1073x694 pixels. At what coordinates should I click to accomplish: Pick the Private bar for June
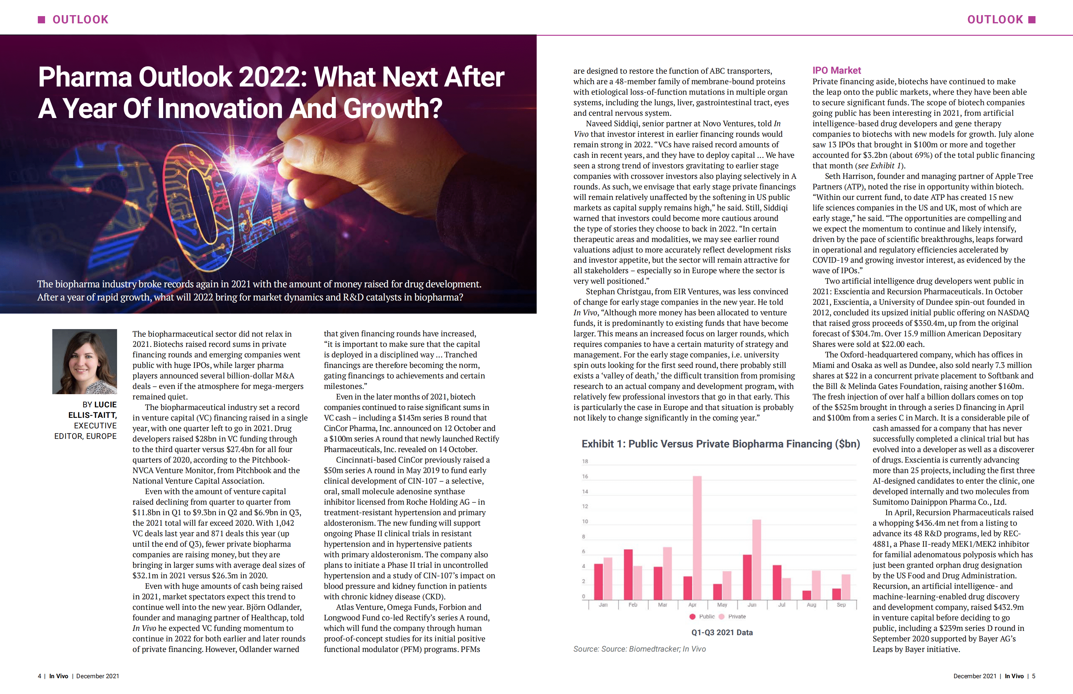click(x=757, y=559)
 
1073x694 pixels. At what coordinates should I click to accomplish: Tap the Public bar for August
click(x=807, y=595)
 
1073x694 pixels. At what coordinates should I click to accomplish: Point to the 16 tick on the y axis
click(x=585, y=476)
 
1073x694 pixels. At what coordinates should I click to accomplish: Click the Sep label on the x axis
click(x=841, y=605)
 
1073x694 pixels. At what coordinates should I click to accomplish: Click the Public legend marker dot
click(x=692, y=616)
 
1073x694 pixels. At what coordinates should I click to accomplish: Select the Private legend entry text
click(x=737, y=616)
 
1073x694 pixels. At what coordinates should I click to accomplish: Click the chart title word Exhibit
click(x=597, y=444)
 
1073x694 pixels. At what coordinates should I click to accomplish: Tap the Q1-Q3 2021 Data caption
click(x=722, y=632)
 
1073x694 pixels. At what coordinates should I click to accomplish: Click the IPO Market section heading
click(x=837, y=70)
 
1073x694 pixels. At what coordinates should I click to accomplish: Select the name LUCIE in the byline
click(x=106, y=405)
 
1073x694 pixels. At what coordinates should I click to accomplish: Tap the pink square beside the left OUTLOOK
click(x=41, y=19)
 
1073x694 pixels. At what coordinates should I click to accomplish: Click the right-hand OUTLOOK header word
click(x=995, y=19)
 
